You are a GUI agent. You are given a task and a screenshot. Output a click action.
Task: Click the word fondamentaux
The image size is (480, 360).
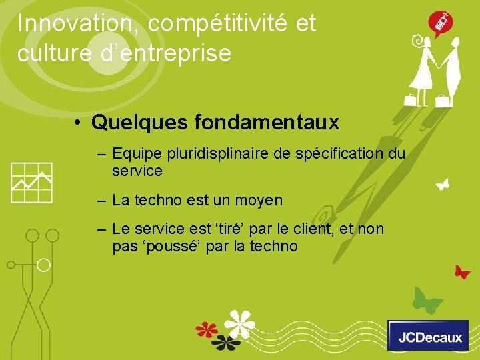[267, 123]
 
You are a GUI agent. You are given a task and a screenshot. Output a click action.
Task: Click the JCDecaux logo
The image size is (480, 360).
[428, 335]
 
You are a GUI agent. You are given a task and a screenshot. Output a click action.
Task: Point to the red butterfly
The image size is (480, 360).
[462, 271]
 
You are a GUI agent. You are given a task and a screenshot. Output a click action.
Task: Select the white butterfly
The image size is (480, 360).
[442, 183]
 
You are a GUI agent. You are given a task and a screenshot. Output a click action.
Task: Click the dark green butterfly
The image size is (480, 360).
[427, 299]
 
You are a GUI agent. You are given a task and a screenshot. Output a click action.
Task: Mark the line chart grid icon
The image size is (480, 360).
[31, 182]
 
